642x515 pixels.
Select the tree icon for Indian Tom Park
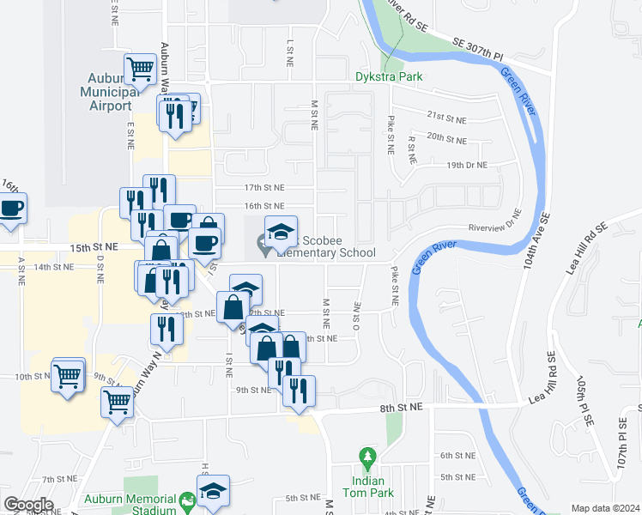click(x=367, y=455)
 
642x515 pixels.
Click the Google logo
click(x=28, y=505)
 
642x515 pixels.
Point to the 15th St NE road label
click(x=92, y=247)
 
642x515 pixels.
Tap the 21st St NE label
click(x=446, y=119)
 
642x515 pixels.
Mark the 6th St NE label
click(x=457, y=455)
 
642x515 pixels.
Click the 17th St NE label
click(x=263, y=187)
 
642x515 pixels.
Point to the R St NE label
click(x=411, y=148)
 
